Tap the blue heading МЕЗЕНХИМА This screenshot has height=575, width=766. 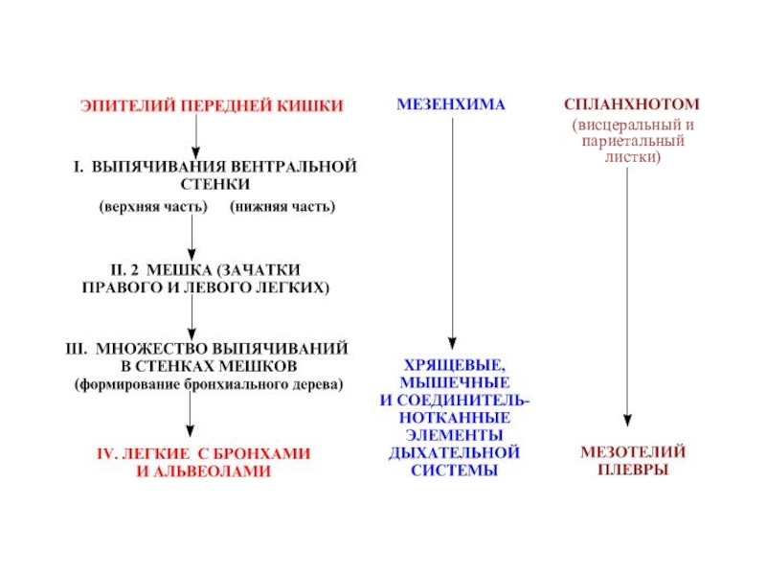pos(450,103)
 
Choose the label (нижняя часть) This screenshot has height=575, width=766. pos(282,206)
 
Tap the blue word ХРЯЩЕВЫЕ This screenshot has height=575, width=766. pos(450,366)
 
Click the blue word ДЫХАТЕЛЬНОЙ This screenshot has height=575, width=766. pos(454,452)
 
